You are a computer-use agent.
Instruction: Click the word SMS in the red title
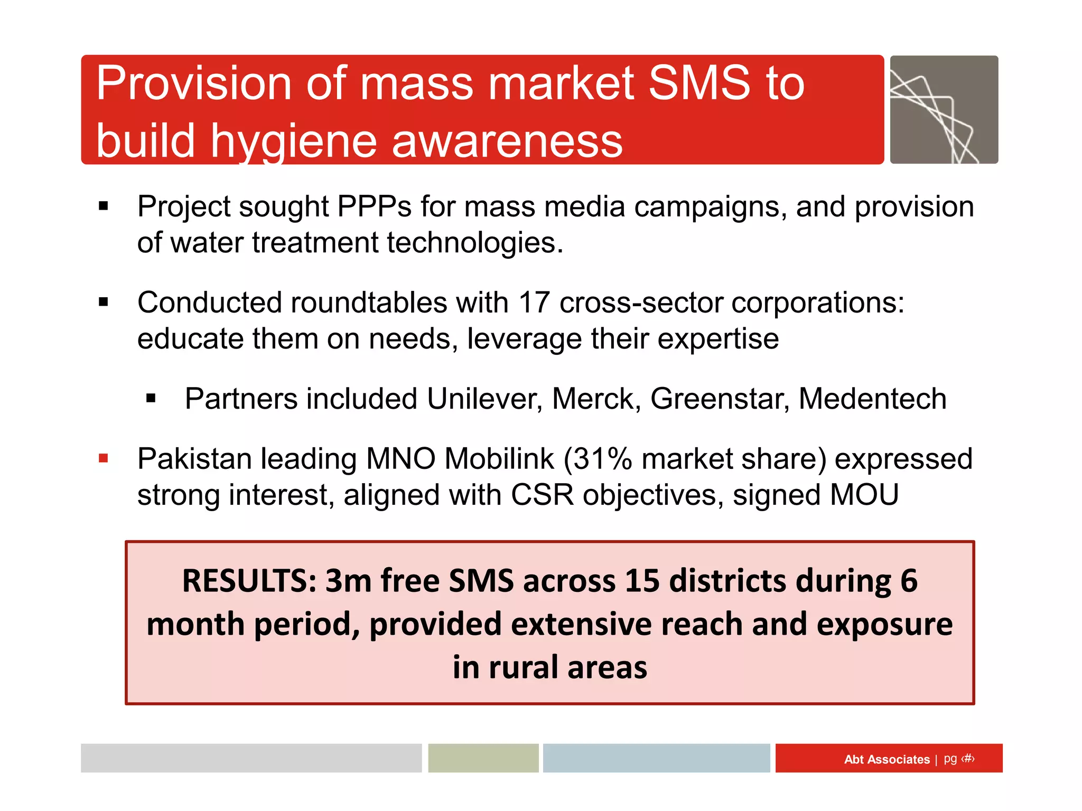tap(698, 83)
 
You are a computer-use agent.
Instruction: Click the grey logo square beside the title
tap(944, 110)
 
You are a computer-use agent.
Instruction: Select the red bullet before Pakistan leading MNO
tap(104, 458)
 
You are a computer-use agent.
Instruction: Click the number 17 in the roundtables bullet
tap(534, 303)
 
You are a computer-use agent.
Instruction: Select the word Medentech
tap(872, 399)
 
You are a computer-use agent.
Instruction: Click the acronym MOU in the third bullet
tap(864, 495)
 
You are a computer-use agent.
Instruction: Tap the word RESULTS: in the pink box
tap(249, 581)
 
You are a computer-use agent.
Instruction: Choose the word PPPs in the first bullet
tap(374, 206)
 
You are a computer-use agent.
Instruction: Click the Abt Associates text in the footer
tap(887, 759)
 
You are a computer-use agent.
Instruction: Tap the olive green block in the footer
tap(483, 758)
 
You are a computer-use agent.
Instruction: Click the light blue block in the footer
tap(656, 758)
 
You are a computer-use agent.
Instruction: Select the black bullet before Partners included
tap(151, 399)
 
